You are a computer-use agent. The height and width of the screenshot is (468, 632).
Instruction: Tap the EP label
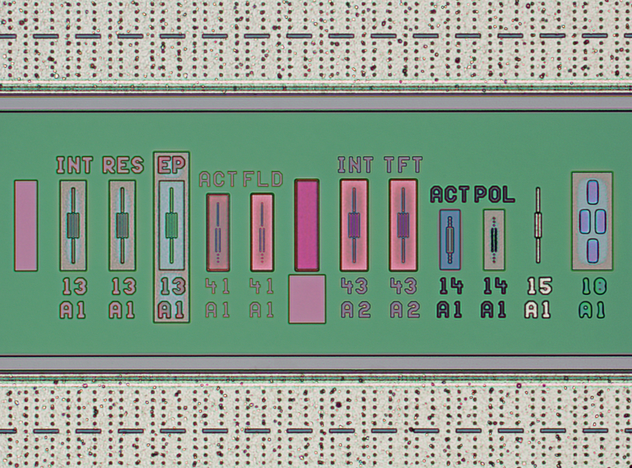[171, 165]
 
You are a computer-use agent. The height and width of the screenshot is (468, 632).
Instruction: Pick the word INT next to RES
[75, 165]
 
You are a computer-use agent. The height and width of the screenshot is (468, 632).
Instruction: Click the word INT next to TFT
[355, 164]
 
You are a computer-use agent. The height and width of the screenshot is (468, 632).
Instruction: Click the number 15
[540, 286]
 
